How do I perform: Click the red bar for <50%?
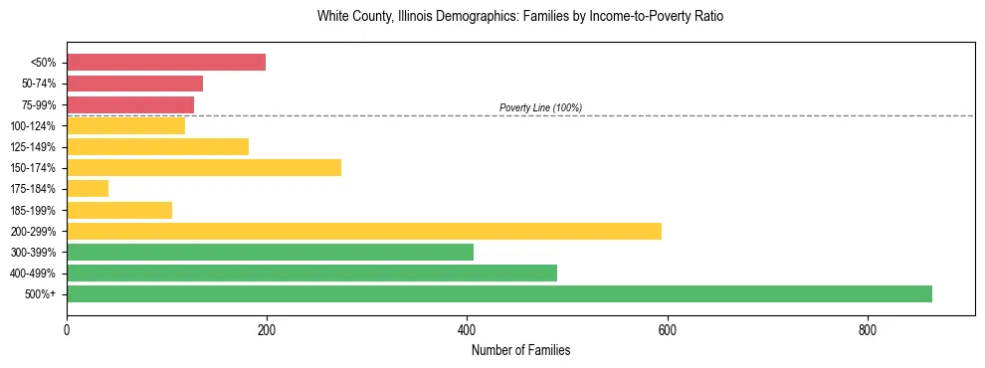coord(166,63)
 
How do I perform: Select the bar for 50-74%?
coord(134,84)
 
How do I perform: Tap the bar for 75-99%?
coord(130,104)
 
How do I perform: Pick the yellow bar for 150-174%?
coord(204,167)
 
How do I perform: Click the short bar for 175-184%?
coord(88,188)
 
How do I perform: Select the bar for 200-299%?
coord(364,231)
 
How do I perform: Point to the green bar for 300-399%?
coord(270,252)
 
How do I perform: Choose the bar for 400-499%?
coord(311,273)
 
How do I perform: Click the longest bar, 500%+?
coord(499,293)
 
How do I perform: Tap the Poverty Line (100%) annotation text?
coord(540,107)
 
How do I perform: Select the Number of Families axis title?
coord(520,350)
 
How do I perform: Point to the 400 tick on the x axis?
coord(467,329)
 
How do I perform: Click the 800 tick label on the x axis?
coord(868,329)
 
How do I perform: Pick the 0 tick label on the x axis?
coord(67,329)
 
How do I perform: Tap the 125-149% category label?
coord(35,147)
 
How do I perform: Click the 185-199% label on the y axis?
coord(35,210)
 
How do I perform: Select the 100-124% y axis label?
coord(35,126)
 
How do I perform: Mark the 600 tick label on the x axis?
coord(667,329)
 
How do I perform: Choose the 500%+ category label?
coord(41,294)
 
